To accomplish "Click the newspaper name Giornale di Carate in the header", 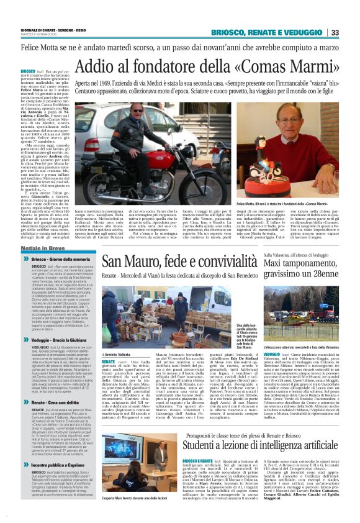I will pos(37,30).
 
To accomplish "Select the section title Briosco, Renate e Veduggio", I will pos(268,33).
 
